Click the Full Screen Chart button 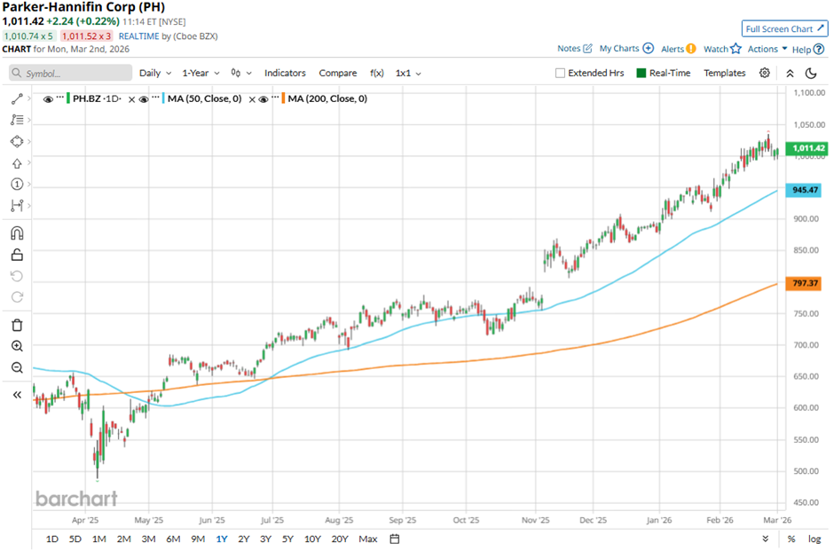(x=784, y=28)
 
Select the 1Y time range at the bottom (x=220, y=539)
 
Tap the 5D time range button (x=75, y=539)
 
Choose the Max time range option (x=367, y=539)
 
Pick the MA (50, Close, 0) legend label (x=203, y=98)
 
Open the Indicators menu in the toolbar (x=285, y=73)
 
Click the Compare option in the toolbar (x=337, y=73)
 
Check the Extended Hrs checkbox (x=560, y=74)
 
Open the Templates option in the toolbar (x=724, y=73)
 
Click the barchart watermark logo (x=76, y=499)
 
